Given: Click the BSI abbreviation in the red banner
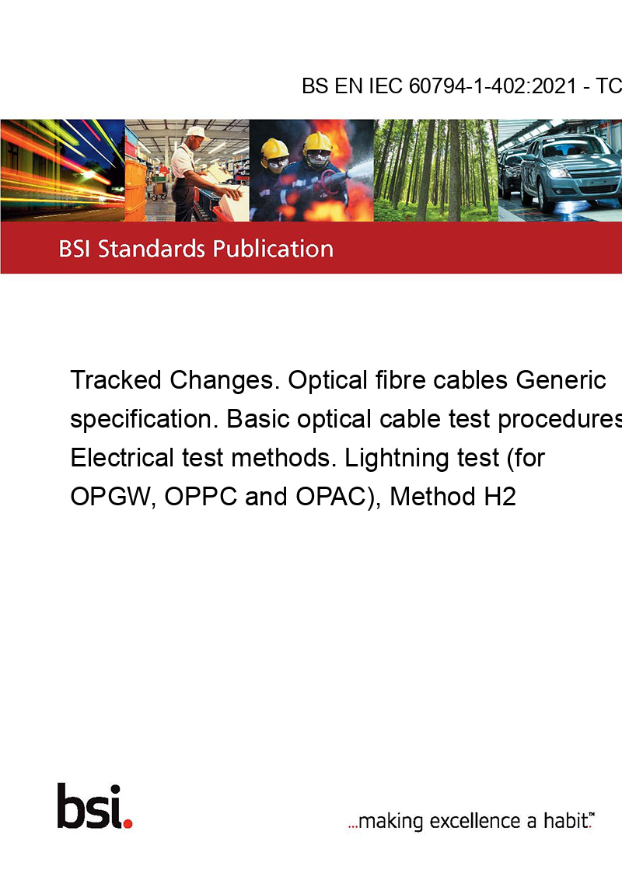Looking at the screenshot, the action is tap(75, 249).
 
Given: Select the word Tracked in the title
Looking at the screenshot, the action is tap(116, 380).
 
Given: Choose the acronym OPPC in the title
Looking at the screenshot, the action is tap(201, 497).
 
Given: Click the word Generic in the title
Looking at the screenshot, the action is tap(561, 380).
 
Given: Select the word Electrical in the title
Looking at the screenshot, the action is tap(122, 458).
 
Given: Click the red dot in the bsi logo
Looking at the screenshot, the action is tap(128, 823).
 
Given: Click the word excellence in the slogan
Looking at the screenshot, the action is tap(475, 821).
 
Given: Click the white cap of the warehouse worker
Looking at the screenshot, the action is tap(197, 132).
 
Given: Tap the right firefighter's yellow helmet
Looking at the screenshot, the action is tap(318, 142).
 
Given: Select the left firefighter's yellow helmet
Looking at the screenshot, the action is tap(274, 149).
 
